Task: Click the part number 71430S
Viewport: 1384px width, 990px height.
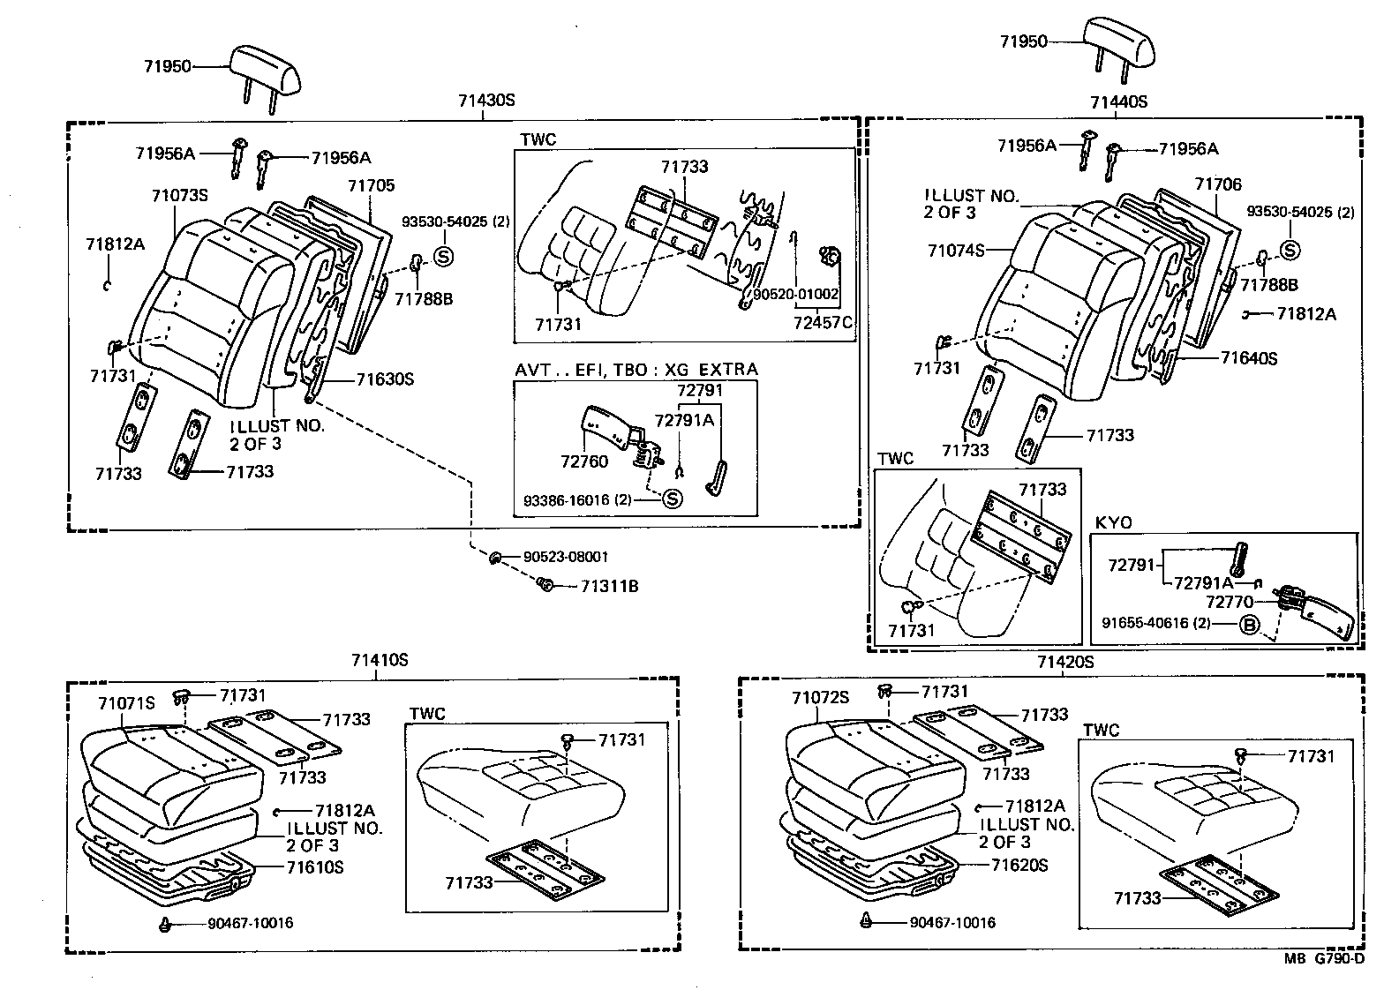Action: (x=485, y=100)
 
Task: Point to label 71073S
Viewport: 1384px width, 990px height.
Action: (x=179, y=195)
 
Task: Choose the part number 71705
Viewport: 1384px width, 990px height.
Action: (x=371, y=185)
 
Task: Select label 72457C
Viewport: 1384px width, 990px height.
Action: (x=823, y=322)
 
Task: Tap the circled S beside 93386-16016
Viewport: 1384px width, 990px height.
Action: (x=673, y=499)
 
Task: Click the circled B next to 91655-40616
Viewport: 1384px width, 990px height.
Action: (x=1249, y=624)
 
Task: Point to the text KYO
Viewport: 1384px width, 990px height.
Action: (x=1113, y=522)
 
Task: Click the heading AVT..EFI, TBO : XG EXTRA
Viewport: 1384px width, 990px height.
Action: (x=636, y=369)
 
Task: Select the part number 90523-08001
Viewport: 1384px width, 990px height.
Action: (x=565, y=558)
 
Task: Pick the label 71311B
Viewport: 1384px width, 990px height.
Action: (x=609, y=587)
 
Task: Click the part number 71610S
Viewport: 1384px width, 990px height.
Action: (x=314, y=867)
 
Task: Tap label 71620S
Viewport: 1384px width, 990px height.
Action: (x=1019, y=866)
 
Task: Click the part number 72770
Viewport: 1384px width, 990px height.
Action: (x=1230, y=602)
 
